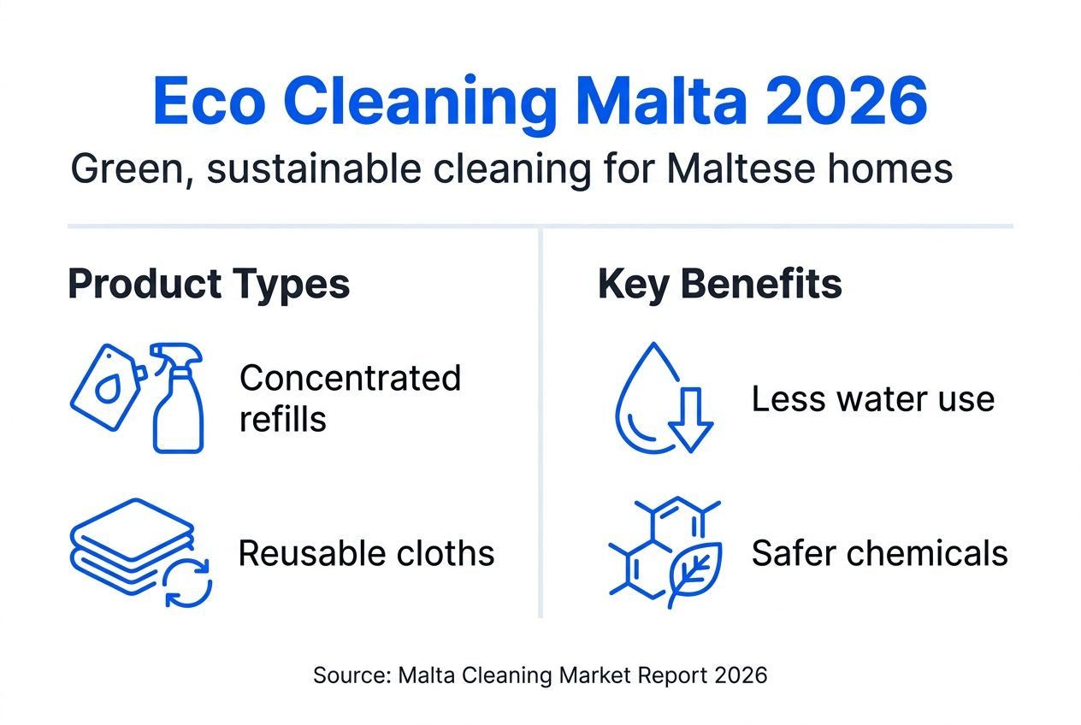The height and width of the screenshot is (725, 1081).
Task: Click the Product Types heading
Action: tap(209, 284)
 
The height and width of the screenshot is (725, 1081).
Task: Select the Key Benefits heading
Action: tap(720, 284)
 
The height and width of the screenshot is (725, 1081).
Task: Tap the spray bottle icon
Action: tap(177, 397)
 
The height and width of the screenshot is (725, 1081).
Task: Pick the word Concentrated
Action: tap(350, 377)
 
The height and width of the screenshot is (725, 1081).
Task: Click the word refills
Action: tap(283, 419)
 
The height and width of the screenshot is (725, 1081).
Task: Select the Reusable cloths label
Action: tap(366, 554)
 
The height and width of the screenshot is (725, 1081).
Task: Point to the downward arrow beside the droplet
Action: tap(691, 418)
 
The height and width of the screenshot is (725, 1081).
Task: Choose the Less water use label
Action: tap(873, 399)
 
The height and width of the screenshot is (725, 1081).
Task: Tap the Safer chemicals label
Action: tap(880, 554)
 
